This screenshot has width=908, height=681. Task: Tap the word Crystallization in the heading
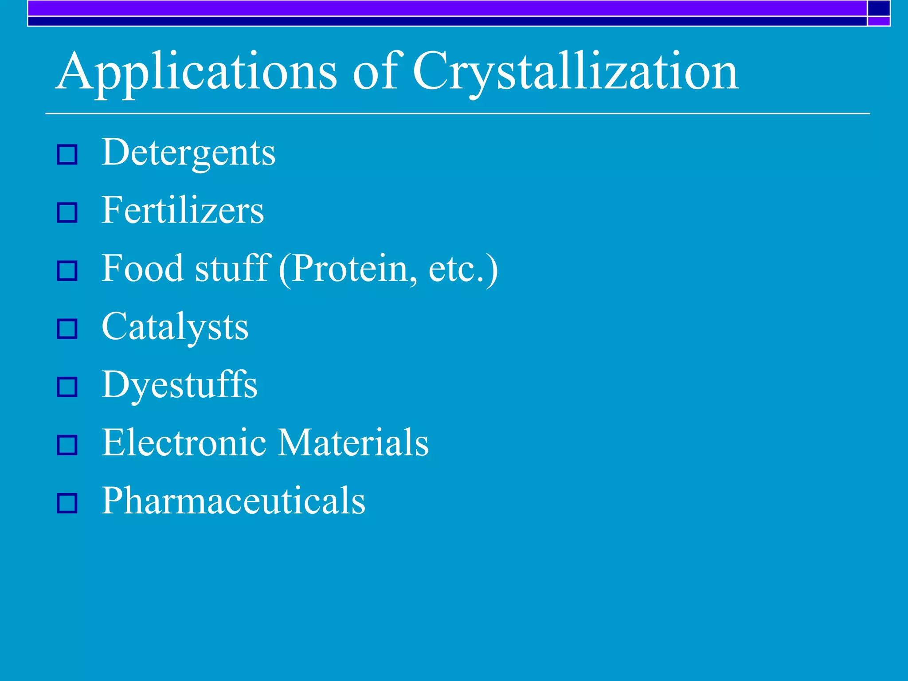pyautogui.click(x=575, y=72)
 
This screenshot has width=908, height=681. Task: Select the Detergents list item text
pyautogui.click(x=188, y=153)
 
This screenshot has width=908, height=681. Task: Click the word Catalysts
pyautogui.click(x=175, y=328)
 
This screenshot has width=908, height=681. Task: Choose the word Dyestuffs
pyautogui.click(x=180, y=385)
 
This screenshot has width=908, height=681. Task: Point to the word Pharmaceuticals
pyautogui.click(x=234, y=501)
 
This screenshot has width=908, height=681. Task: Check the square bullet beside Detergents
pyautogui.click(x=67, y=155)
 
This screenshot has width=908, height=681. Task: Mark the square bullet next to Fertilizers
pyautogui.click(x=67, y=213)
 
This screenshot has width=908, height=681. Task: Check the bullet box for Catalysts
pyautogui.click(x=67, y=329)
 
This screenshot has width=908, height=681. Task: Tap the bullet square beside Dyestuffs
pyautogui.click(x=67, y=387)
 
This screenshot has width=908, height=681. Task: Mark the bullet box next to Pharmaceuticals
pyautogui.click(x=67, y=503)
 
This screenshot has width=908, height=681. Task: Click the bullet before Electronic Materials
pyautogui.click(x=67, y=445)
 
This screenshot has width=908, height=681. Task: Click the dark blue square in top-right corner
pyautogui.click(x=878, y=8)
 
